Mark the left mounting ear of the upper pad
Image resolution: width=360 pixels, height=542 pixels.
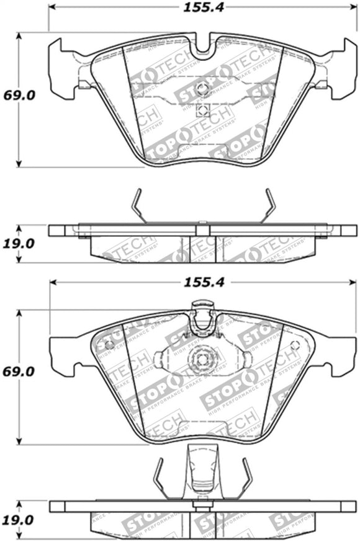pyautogui.click(x=62, y=68)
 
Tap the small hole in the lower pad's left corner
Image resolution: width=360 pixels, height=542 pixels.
pyautogui.click(x=109, y=344)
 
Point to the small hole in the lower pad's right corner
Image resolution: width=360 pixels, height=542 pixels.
pyautogui.click(x=297, y=344)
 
